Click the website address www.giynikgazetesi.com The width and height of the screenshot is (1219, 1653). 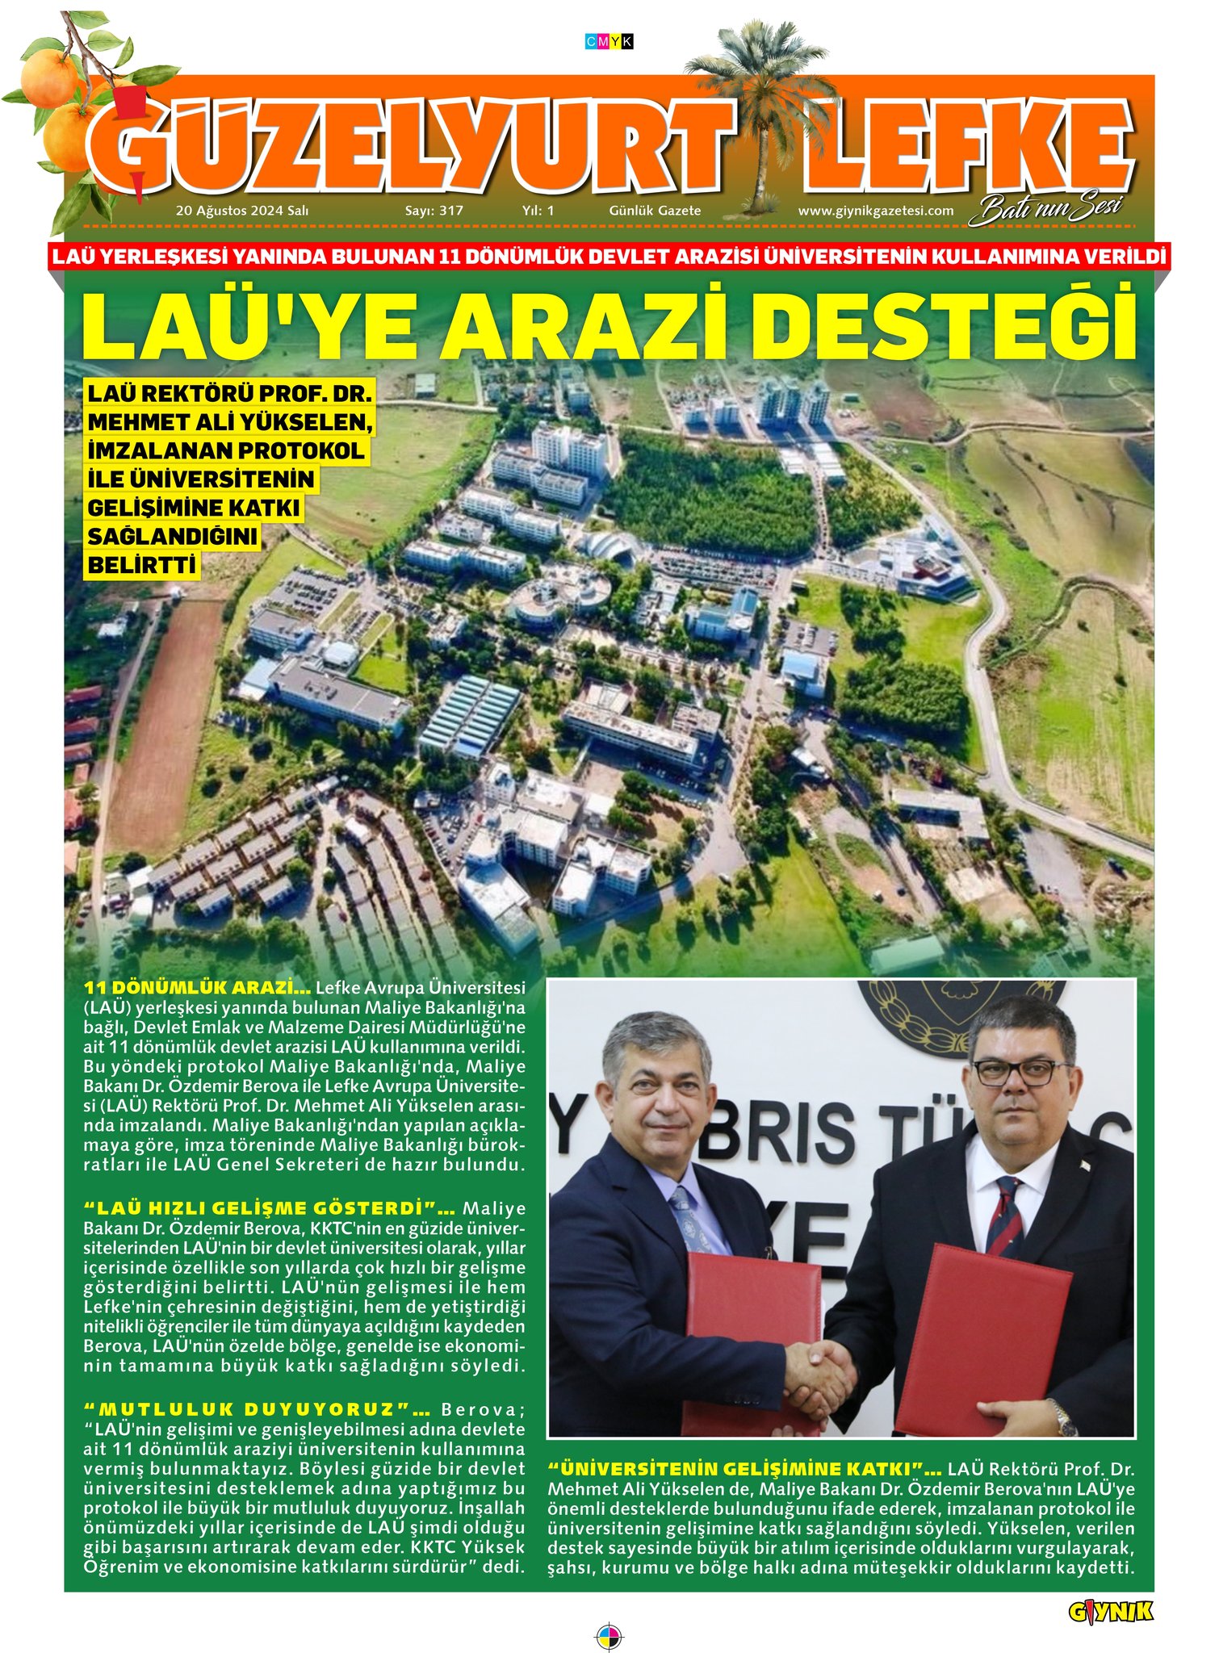click(x=875, y=211)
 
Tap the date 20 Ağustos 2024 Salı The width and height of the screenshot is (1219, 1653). click(x=242, y=211)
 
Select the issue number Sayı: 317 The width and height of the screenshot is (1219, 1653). click(x=434, y=211)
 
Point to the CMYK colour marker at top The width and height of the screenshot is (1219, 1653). click(x=609, y=41)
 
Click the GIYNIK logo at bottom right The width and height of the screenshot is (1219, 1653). click(x=1111, y=1589)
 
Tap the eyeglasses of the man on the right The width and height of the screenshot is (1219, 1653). click(x=1012, y=1073)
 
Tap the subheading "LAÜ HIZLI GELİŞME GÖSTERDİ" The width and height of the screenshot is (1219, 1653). click(x=270, y=1208)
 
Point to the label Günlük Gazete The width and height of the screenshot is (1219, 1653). click(x=655, y=211)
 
